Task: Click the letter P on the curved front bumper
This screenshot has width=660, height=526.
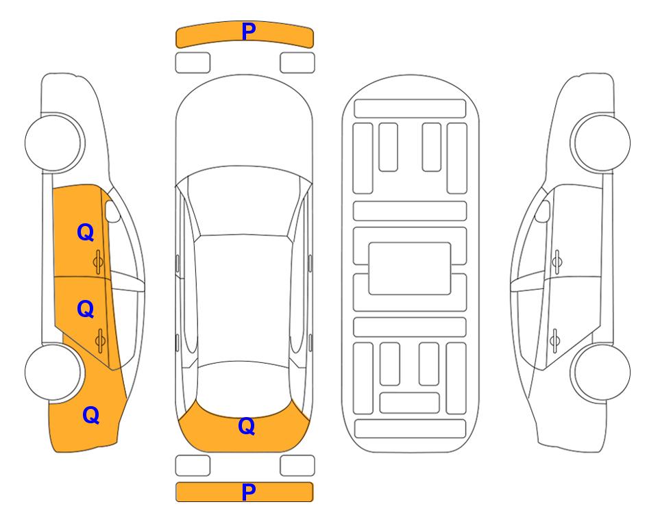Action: pos(249,32)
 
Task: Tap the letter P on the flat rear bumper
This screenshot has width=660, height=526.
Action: pos(249,492)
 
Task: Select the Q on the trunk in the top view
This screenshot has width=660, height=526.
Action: pos(247,426)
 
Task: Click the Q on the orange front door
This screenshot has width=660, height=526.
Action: pos(86,232)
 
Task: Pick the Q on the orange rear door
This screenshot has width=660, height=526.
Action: pos(86,310)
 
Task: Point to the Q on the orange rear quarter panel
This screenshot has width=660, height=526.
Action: pos(91,415)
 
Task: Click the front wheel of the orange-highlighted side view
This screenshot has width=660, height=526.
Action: pos(53,142)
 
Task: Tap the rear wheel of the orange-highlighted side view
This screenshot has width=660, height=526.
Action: pos(53,372)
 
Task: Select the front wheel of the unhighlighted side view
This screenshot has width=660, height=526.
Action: pos(602,142)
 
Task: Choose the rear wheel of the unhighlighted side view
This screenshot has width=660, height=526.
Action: pos(602,372)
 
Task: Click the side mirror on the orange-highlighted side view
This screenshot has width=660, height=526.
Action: pos(112,211)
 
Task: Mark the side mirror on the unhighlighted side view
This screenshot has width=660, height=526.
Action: pos(543,211)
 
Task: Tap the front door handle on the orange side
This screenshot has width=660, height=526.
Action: pos(99,262)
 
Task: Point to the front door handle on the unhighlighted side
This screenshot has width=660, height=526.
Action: pos(557,262)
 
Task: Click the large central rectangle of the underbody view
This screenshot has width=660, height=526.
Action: pos(410,268)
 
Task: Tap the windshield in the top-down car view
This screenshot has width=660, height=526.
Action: pos(243,201)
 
